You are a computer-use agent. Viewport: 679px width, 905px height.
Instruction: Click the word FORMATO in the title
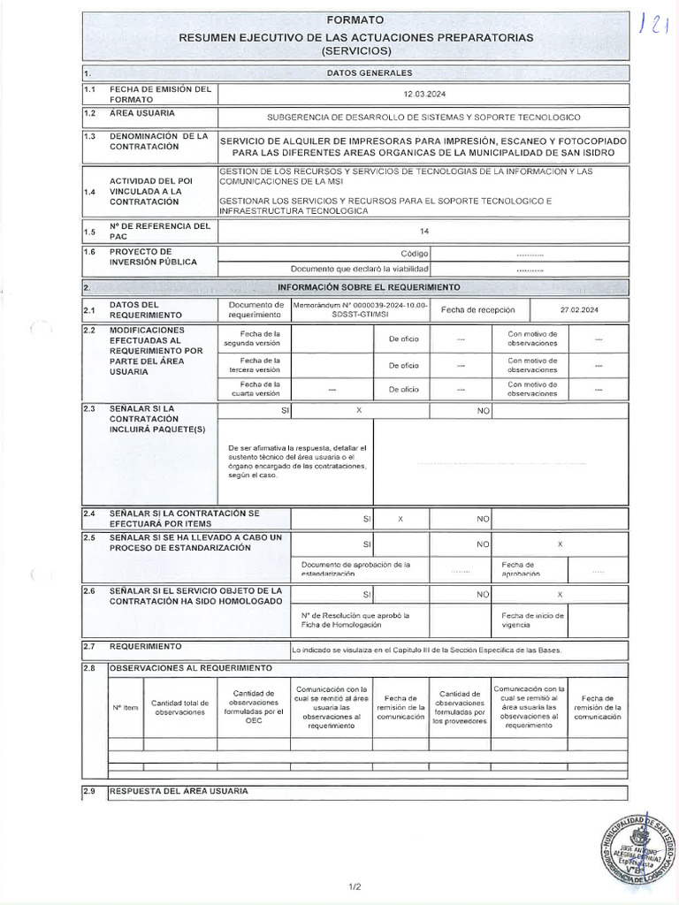point(355,19)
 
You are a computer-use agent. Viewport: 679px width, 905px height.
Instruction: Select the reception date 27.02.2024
point(579,309)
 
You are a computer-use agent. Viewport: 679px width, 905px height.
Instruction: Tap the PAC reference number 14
point(424,232)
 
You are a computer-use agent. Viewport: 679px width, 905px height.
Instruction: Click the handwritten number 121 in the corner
point(653,24)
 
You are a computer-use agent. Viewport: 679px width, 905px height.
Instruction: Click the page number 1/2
point(355,885)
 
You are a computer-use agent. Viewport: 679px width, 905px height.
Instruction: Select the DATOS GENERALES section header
point(369,72)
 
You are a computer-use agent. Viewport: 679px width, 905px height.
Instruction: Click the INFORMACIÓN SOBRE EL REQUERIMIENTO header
point(369,287)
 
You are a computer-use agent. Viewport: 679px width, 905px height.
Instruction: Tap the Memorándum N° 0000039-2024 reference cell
point(360,309)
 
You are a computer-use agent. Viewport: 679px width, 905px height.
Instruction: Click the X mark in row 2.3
point(359,411)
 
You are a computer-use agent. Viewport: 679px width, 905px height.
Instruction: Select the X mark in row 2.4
point(400,519)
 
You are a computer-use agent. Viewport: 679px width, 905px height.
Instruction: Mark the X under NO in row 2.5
point(560,544)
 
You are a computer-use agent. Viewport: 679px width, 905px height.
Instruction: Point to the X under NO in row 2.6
point(560,595)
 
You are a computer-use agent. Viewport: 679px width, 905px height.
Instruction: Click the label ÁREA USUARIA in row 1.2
point(141,114)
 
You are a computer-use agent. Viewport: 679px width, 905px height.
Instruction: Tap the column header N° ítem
point(125,707)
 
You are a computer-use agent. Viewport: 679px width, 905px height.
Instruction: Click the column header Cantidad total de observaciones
point(179,707)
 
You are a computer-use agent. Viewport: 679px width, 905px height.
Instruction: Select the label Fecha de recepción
point(471,309)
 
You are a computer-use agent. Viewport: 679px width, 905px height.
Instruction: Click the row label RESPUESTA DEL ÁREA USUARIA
point(179,790)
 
